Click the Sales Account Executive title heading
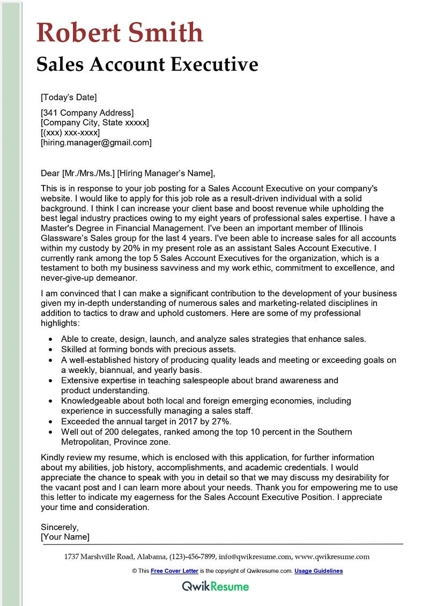click(147, 64)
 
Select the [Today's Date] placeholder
click(69, 97)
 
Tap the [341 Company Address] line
click(87, 113)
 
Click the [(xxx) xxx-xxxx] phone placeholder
click(70, 132)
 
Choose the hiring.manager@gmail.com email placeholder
click(97, 143)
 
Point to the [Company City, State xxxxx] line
click(95, 123)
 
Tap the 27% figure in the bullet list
click(214, 422)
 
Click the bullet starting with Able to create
click(213, 339)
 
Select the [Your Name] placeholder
click(65, 536)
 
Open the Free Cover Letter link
click(174, 571)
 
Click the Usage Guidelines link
click(319, 571)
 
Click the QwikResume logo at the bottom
click(215, 586)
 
